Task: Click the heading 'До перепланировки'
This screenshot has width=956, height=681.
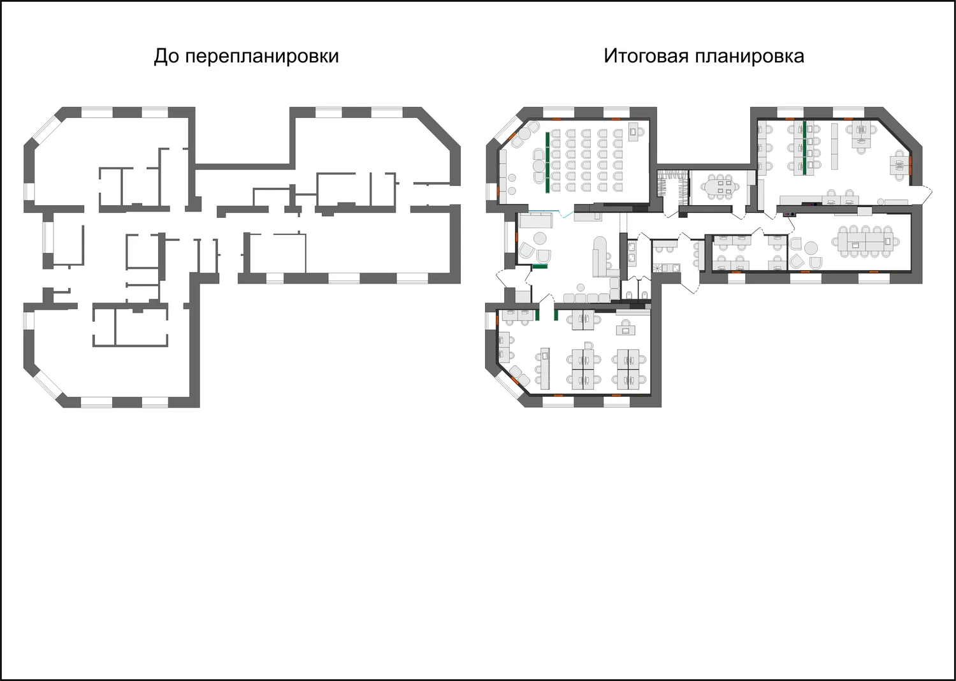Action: point(246,56)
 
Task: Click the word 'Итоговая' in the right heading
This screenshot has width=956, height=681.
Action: point(646,56)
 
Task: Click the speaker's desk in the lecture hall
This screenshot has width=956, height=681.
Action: point(634,132)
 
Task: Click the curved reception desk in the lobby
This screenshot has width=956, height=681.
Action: point(600,258)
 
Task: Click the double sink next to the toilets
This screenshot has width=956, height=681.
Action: point(632,253)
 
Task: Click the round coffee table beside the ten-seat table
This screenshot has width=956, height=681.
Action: point(811,247)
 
